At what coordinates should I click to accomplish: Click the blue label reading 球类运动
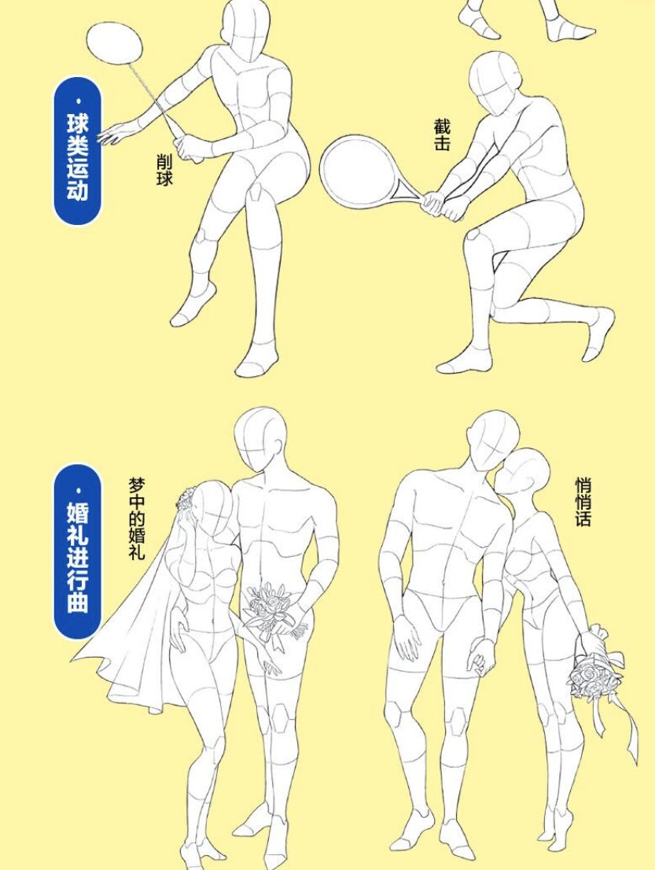tap(78, 151)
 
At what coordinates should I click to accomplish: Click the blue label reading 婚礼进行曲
tap(78, 551)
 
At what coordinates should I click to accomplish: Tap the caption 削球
tap(164, 170)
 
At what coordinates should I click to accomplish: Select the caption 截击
tap(442, 135)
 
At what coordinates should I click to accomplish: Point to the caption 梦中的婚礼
tap(137, 518)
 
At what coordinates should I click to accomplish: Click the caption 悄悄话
tap(583, 502)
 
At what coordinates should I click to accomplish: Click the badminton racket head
tap(114, 43)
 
